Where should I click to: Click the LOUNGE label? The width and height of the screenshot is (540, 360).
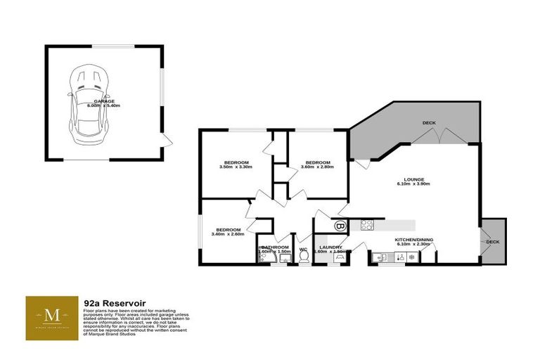(x=413, y=181)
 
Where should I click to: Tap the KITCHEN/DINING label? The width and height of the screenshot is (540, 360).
(x=413, y=240)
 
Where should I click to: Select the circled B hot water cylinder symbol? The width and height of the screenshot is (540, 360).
(x=340, y=226)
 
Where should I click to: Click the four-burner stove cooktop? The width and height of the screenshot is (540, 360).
(x=366, y=226)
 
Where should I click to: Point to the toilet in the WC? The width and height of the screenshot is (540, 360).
(x=304, y=258)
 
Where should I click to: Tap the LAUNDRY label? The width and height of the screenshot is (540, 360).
(x=330, y=248)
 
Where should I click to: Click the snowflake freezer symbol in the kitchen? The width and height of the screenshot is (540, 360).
(x=410, y=258)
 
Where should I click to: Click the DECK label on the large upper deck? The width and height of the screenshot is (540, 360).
(x=429, y=123)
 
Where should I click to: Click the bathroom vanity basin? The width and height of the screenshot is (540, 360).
(x=285, y=259)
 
